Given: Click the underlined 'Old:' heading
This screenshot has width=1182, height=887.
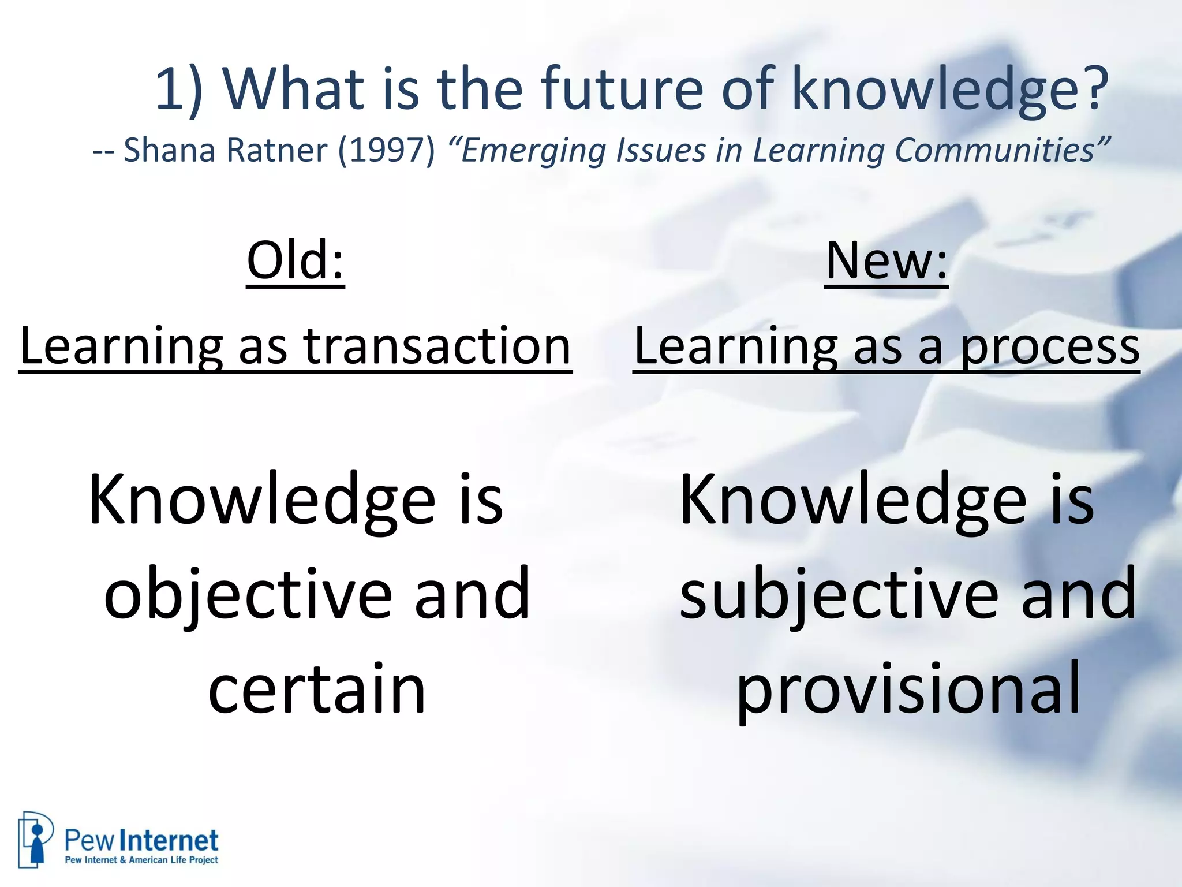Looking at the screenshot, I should pyautogui.click(x=295, y=261).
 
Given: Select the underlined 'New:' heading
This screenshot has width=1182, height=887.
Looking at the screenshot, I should pyautogui.click(x=886, y=261).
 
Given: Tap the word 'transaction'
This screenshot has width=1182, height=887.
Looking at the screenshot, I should pyautogui.click(x=437, y=346).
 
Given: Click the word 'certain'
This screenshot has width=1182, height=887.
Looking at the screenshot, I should pyautogui.click(x=317, y=689).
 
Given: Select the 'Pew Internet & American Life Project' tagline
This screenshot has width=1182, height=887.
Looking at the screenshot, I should pyautogui.click(x=141, y=860).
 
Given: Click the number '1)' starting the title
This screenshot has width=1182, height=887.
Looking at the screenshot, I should pyautogui.click(x=178, y=90).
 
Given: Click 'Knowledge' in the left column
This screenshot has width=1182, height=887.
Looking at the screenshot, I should pyautogui.click(x=262, y=500).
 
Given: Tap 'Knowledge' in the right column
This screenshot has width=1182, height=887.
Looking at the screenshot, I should pyautogui.click(x=853, y=500).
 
